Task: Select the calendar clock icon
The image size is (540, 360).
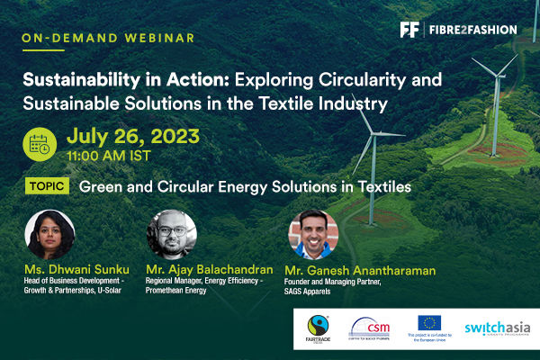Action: [41, 143]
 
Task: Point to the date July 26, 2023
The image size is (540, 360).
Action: [133, 137]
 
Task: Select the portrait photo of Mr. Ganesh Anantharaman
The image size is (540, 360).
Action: [312, 235]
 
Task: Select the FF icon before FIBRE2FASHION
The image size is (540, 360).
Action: [410, 30]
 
